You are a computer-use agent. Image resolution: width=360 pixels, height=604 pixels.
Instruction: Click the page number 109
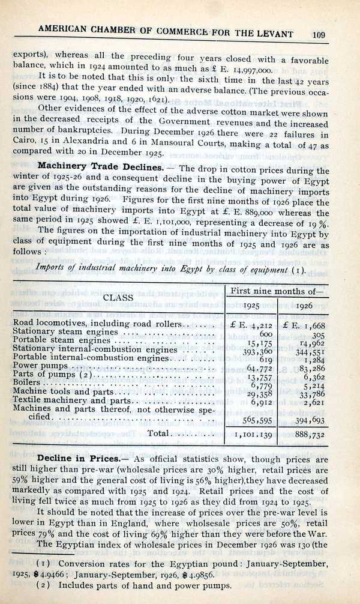[x=319, y=35]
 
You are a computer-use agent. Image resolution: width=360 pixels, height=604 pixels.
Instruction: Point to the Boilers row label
[x=26, y=381]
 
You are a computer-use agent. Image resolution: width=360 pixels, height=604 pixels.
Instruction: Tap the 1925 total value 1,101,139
[x=254, y=435]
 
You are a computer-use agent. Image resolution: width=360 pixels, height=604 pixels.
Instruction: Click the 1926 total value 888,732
[x=311, y=435]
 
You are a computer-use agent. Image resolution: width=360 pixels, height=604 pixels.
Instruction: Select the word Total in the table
[x=160, y=433]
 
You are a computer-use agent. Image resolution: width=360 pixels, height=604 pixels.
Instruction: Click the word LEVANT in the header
[x=283, y=29]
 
